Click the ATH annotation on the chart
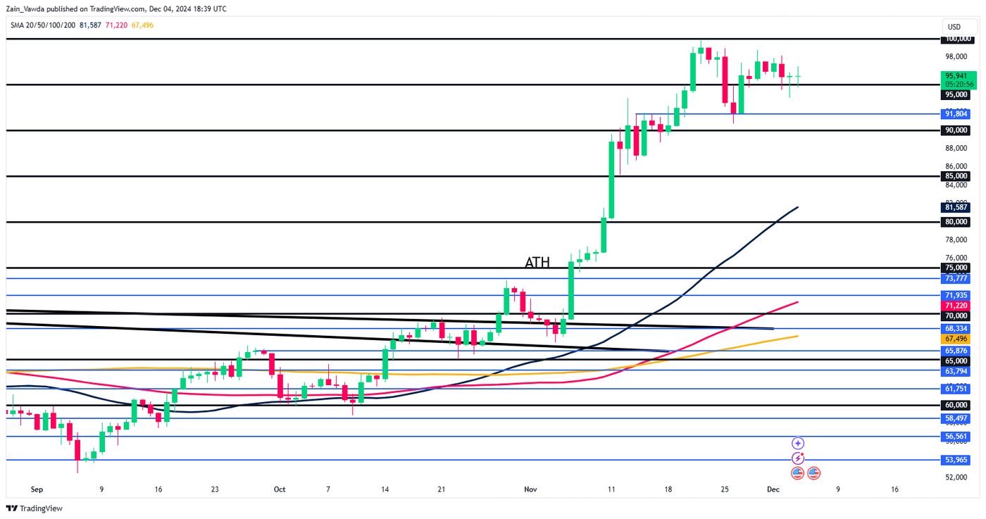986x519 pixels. point(537,263)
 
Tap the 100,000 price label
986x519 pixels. point(959,39)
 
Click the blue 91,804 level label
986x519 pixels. point(959,113)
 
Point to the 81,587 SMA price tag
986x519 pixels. point(959,207)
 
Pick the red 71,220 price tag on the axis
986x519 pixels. point(959,306)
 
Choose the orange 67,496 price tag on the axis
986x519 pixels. point(959,339)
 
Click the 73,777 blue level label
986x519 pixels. point(959,279)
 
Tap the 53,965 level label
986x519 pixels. point(959,460)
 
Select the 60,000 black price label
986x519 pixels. point(959,405)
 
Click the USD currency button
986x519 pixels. point(954,27)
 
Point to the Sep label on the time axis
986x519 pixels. point(37,489)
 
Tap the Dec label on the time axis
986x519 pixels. point(772,489)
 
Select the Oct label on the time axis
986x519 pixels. point(280,489)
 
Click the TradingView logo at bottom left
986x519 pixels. point(35,508)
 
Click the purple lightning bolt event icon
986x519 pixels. point(798,458)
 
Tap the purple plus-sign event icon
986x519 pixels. point(798,443)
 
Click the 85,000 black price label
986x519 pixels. point(959,176)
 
